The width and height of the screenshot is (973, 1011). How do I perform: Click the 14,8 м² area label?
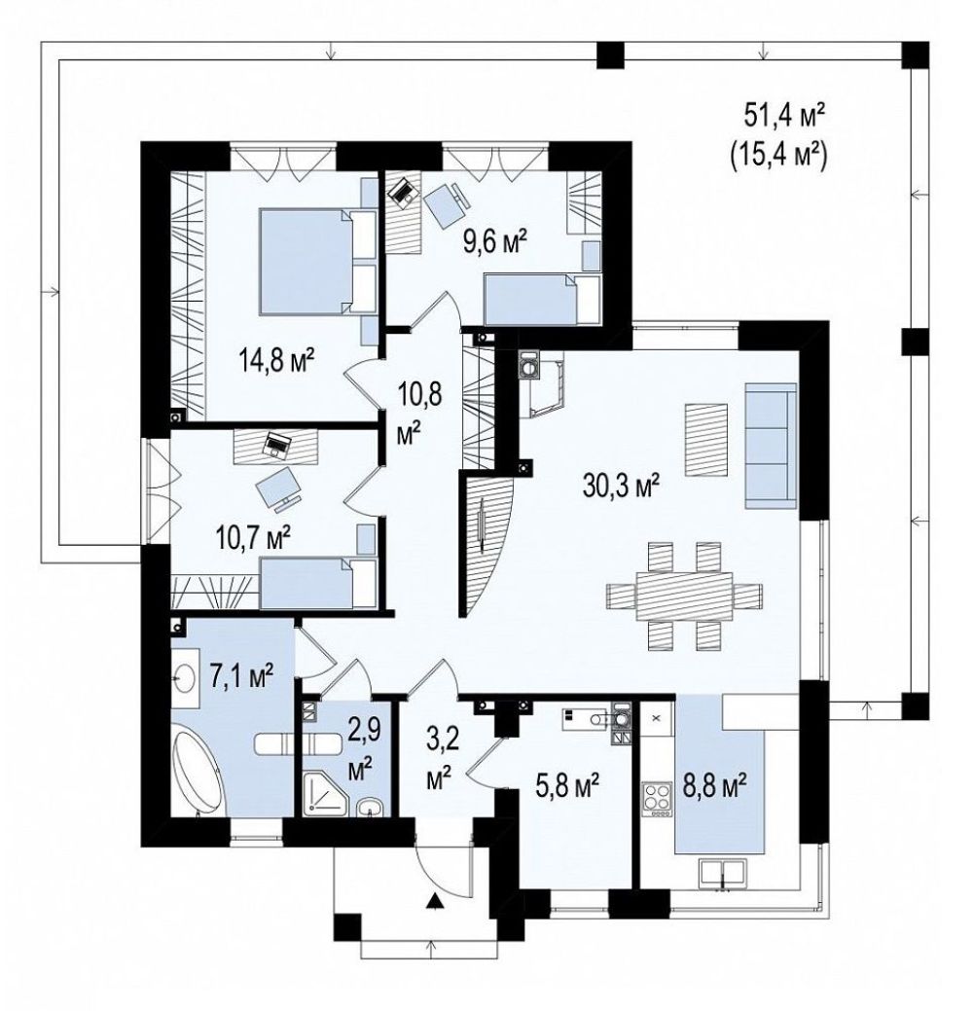[276, 359]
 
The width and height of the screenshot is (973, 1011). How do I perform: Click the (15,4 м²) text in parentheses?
[778, 157]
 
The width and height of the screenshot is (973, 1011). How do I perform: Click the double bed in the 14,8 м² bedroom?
[316, 261]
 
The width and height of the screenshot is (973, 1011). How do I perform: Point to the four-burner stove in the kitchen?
[657, 799]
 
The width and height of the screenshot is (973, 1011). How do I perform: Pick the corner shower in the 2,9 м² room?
[326, 792]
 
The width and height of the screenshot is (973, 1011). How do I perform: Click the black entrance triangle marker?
[437, 900]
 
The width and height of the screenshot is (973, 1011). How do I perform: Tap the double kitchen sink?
[722, 874]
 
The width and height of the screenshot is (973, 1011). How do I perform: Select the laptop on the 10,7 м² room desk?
[278, 445]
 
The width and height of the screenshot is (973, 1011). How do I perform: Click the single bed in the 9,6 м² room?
[542, 299]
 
